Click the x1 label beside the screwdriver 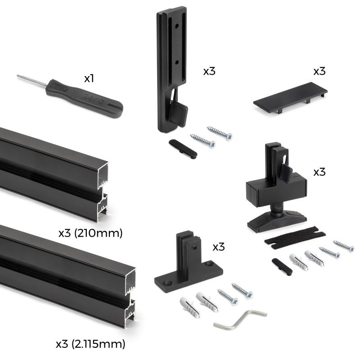click(89, 78)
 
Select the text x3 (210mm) click(90, 233)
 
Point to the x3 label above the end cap click(319, 71)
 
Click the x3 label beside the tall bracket click(209, 71)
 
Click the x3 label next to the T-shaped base click(219, 247)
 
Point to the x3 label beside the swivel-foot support click(319, 172)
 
